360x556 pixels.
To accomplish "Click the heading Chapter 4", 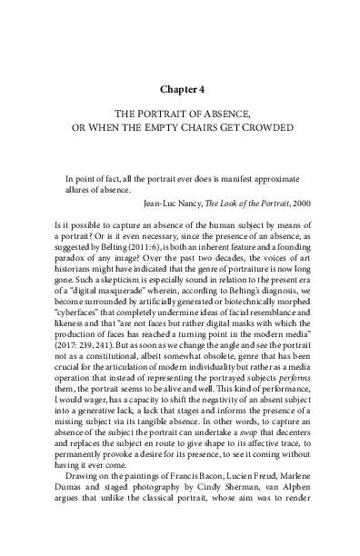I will (179, 91).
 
